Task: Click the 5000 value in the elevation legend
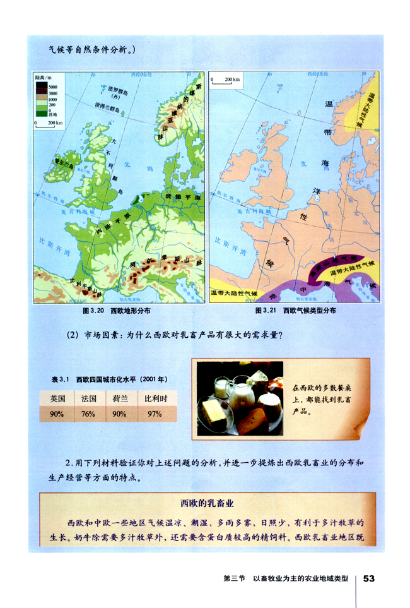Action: [x=52, y=85]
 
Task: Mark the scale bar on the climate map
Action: [x=226, y=84]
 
